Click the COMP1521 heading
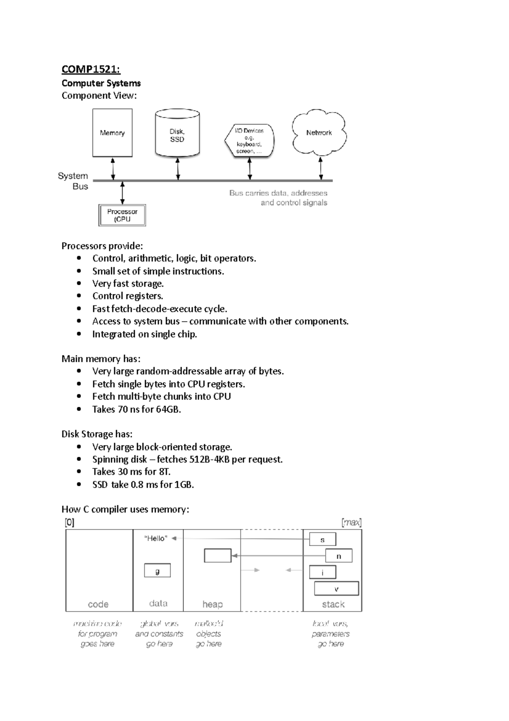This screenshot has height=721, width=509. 91,69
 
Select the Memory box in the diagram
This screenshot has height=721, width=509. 112,133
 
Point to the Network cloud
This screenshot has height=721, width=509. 319,132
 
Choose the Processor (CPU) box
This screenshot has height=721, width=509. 122,215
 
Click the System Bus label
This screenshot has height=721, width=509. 73,181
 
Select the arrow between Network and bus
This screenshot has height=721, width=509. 321,168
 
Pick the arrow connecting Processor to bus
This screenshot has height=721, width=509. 123,192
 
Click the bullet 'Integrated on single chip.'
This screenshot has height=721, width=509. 145,334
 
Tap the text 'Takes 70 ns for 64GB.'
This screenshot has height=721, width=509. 137,409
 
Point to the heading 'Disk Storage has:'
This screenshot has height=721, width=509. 97,434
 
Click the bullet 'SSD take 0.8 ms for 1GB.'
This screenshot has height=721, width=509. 143,484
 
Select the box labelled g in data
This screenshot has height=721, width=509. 157,570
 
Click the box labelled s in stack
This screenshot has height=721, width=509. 322,540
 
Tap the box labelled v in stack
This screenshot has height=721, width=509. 336,589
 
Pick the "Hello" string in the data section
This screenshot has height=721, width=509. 156,538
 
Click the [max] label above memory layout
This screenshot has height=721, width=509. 351,522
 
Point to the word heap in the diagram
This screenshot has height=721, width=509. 213,604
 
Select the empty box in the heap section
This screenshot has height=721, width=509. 218,555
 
